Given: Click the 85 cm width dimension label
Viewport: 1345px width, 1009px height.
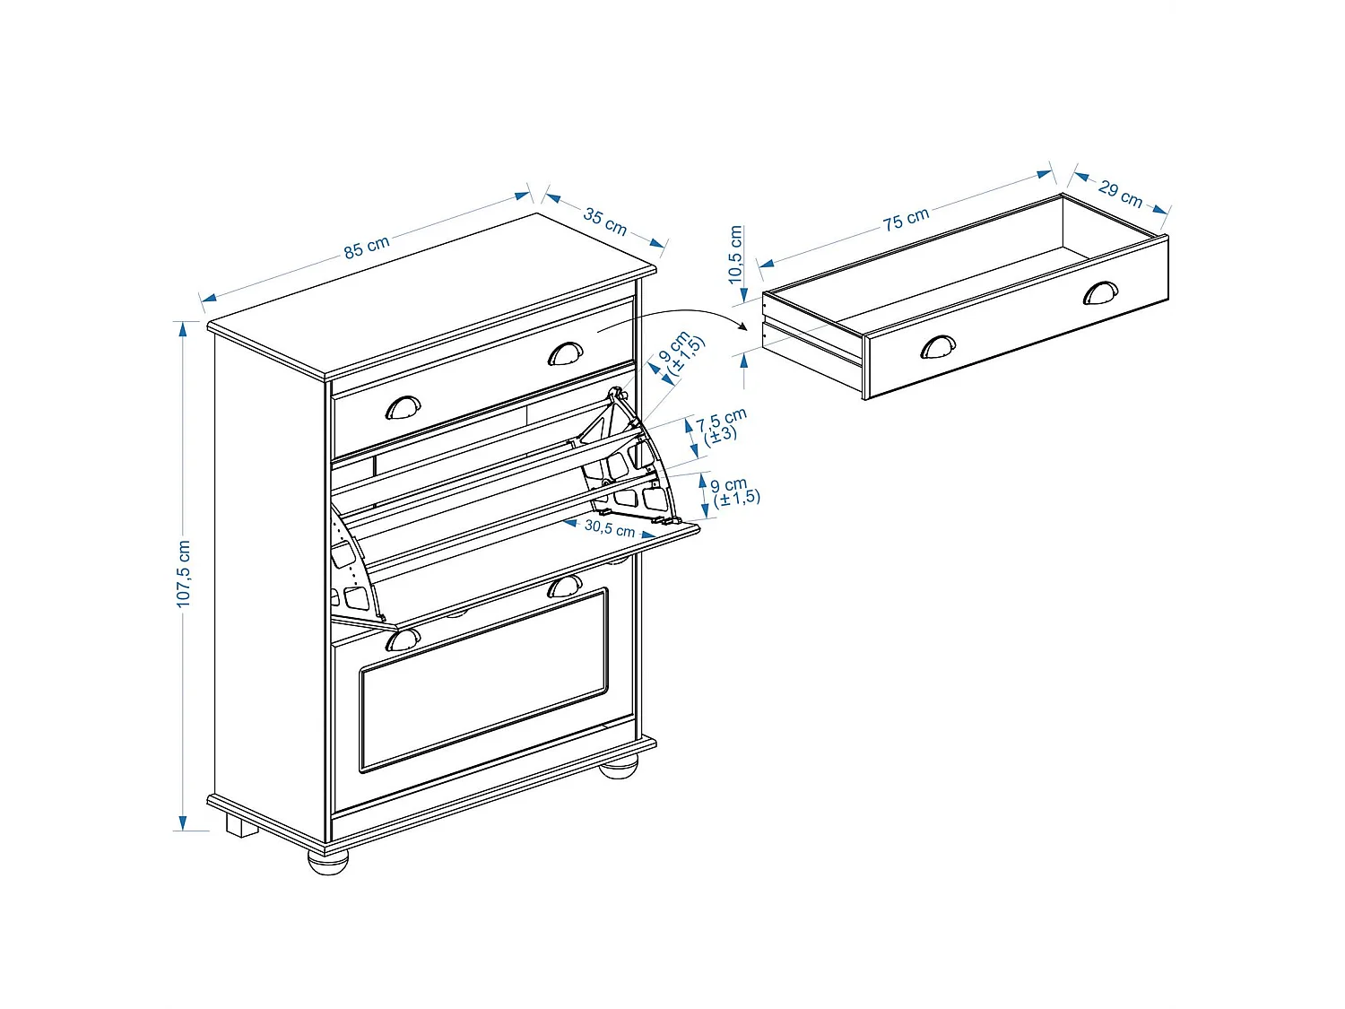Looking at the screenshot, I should (x=367, y=247).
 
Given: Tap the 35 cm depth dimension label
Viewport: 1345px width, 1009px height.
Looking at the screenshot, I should (x=605, y=221).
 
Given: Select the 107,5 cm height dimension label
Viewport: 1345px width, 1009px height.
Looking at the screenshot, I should (x=184, y=574).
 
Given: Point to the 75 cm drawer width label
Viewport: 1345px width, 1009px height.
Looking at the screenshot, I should (x=906, y=219).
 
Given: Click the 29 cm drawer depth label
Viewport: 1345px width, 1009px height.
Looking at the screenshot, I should (x=1120, y=194).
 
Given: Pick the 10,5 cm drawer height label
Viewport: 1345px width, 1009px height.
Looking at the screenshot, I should (x=736, y=255).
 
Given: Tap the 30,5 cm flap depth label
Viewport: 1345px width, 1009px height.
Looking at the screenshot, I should (x=609, y=528).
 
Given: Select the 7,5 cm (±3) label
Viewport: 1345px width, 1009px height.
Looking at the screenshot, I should (x=720, y=427).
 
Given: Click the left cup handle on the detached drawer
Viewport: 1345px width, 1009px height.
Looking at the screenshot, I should (x=938, y=346).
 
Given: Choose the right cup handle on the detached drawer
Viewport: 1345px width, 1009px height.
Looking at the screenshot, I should (x=1100, y=293).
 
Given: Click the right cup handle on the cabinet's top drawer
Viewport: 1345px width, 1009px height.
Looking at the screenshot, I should (x=565, y=353).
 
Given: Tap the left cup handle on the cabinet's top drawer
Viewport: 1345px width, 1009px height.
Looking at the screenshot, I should (x=403, y=408).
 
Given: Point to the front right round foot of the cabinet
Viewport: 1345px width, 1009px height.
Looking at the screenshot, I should (x=618, y=767).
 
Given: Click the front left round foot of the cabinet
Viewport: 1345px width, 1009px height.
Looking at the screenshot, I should (x=327, y=861).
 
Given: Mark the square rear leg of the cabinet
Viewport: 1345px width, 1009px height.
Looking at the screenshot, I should (x=241, y=826).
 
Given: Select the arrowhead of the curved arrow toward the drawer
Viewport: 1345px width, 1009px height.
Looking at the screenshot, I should (x=743, y=327).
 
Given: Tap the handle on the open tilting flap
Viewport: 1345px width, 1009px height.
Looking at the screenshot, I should (x=564, y=587).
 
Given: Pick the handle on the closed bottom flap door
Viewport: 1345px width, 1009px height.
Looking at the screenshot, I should (x=403, y=639).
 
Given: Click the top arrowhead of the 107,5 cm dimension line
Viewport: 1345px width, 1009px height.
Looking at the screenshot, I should (x=183, y=329).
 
